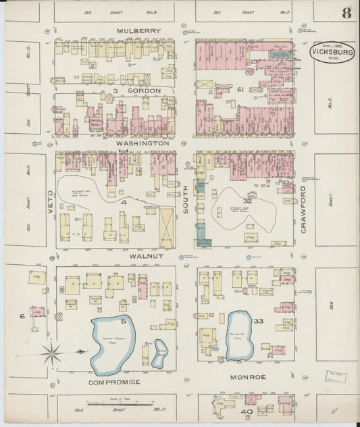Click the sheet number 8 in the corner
[345, 13]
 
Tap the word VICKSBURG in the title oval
[332, 51]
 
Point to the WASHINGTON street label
[141, 143]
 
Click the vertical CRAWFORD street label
[304, 209]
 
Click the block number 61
[239, 89]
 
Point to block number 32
[247, 201]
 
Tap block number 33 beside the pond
[258, 322]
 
